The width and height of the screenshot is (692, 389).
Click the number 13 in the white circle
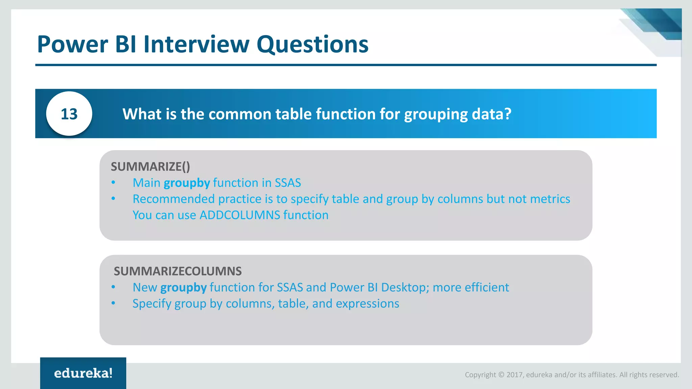pyautogui.click(x=69, y=114)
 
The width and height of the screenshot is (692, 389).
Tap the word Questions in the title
pyautogui.click(x=312, y=45)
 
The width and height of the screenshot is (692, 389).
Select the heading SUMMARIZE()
pyautogui.click(x=150, y=166)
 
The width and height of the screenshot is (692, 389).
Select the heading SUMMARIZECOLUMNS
pyautogui.click(x=178, y=271)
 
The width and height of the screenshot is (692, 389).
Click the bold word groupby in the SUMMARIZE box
pyautogui.click(x=187, y=183)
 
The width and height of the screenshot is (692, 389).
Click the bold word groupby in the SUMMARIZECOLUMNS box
pyautogui.click(x=183, y=288)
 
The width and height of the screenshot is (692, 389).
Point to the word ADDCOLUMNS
pyautogui.click(x=240, y=215)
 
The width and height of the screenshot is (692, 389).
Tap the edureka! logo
pyautogui.click(x=83, y=373)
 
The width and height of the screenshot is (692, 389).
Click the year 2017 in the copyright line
pyautogui.click(x=514, y=375)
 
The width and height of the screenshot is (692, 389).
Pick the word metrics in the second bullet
pyautogui.click(x=550, y=199)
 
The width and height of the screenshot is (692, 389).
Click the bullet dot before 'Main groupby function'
pyautogui.click(x=114, y=183)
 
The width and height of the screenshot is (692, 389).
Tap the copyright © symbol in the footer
pyautogui.click(x=501, y=375)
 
